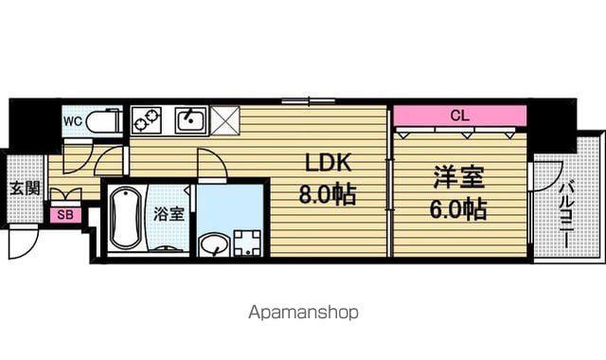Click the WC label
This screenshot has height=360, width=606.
click(73, 121)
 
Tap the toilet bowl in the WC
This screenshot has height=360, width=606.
click(102, 122)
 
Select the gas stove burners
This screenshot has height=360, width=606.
click(147, 120)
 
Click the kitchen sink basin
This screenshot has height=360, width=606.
click(191, 120)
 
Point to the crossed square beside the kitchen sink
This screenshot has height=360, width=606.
click(224, 120)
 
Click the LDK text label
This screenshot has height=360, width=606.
click(329, 163)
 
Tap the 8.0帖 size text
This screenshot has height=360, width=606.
click(327, 193)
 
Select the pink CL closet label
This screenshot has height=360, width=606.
click(459, 116)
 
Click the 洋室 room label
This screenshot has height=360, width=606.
click(458, 177)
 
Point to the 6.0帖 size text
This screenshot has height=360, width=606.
click(458, 208)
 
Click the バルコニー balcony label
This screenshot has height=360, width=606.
click(566, 214)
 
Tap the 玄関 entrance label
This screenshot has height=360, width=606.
click(25, 188)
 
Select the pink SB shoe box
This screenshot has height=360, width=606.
click(65, 215)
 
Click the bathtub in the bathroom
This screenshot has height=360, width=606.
click(126, 218)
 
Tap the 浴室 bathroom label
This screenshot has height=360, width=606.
click(169, 213)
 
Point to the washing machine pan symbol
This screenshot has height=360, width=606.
click(247, 243)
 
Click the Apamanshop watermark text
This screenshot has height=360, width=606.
click(303, 312)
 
